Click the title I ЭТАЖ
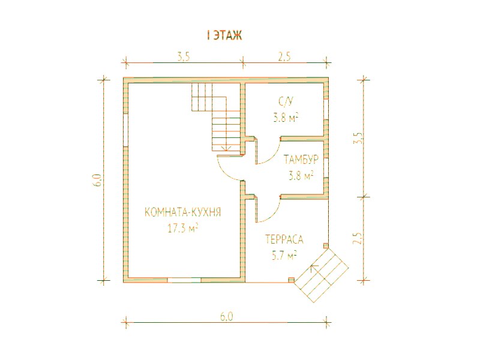224,35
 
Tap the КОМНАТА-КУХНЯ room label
182,212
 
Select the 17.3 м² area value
183,228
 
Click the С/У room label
286,101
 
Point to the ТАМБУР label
301,160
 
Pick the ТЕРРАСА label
284,239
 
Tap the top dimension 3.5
183,57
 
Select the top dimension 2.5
284,57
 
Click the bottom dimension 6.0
227,316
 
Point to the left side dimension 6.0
98,180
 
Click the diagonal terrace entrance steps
322,275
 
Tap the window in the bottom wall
184,280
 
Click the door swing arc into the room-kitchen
228,171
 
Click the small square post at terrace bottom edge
292,280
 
